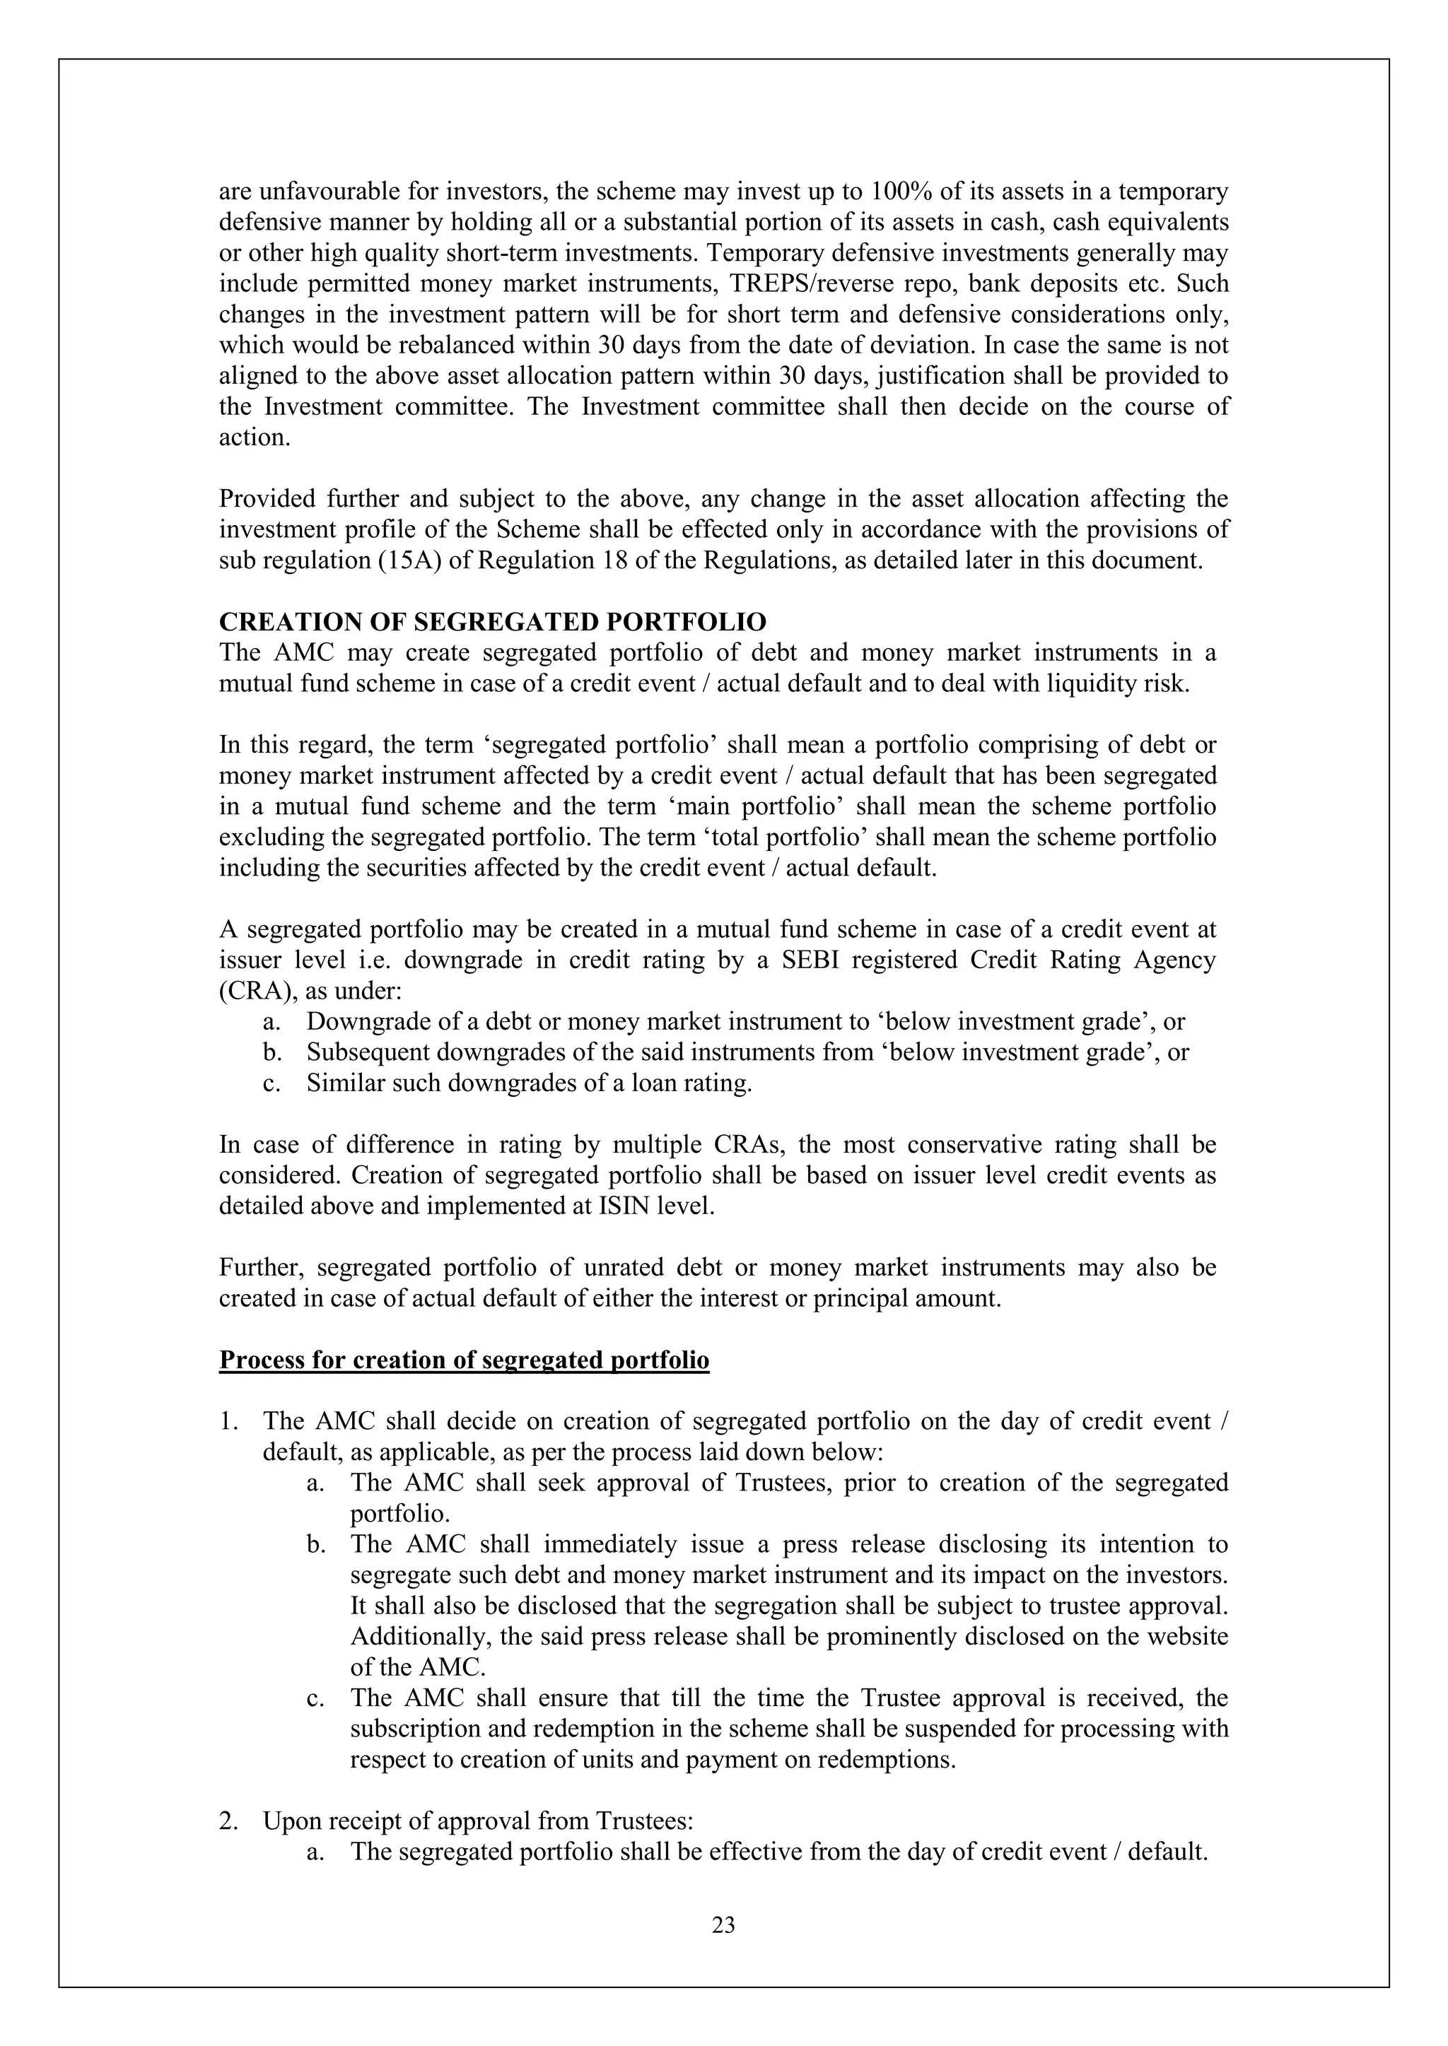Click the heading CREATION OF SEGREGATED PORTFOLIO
tap(492, 622)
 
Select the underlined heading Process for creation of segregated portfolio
tap(464, 1360)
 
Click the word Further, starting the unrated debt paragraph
tap(262, 1268)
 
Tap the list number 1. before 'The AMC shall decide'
tap(228, 1422)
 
